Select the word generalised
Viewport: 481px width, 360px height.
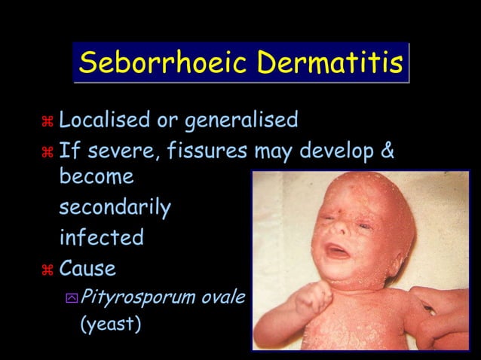(241, 120)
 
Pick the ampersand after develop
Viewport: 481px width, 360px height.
(387, 151)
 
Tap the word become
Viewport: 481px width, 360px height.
(97, 177)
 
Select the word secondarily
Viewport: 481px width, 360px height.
(115, 207)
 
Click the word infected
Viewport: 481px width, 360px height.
(101, 237)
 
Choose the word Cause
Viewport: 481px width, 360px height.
(87, 267)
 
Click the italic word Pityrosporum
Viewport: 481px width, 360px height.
(127, 297)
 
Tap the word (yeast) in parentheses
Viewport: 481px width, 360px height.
(111, 326)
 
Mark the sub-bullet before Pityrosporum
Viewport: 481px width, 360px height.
(71, 297)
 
